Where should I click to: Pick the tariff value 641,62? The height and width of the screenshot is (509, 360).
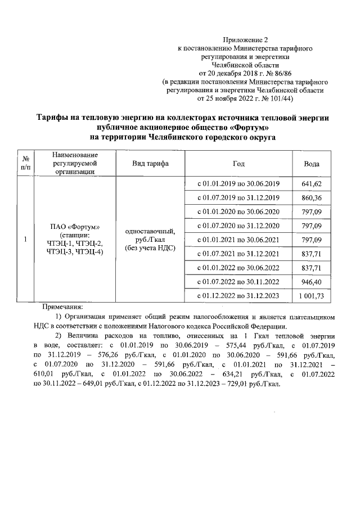[312, 184]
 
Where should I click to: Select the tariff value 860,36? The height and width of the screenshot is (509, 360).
[312, 198]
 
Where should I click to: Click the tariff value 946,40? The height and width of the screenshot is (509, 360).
[312, 281]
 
